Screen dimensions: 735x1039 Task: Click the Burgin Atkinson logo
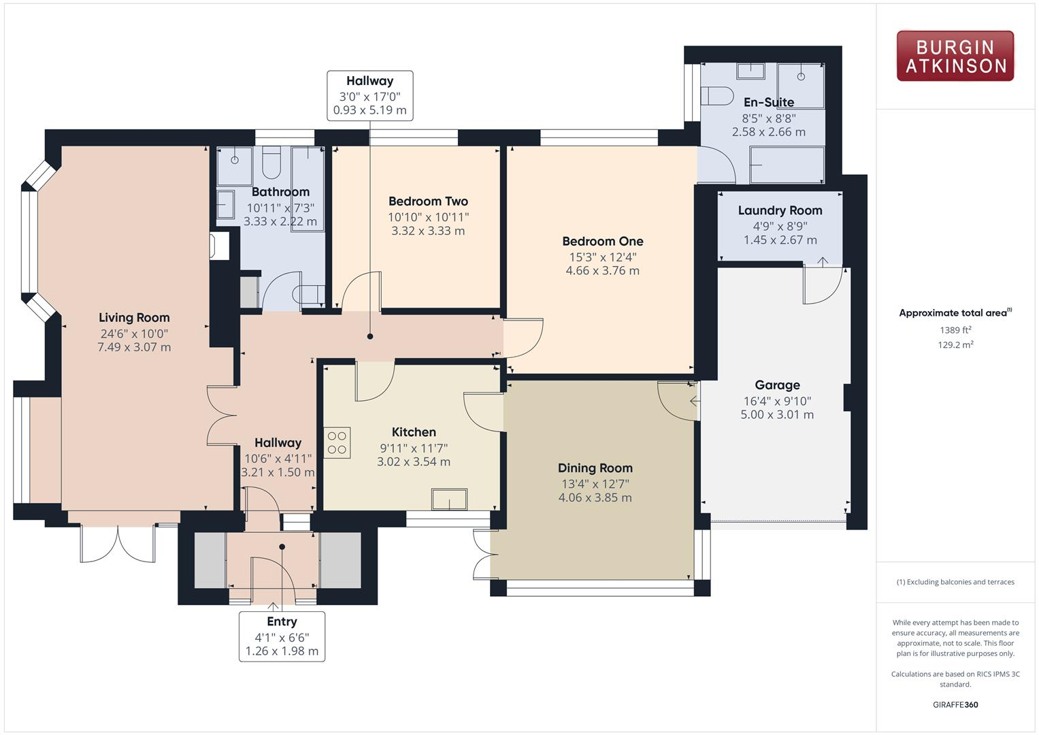[x=955, y=56]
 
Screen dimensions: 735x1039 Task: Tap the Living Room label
[x=134, y=317]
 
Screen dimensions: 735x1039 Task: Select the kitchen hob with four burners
[x=337, y=442]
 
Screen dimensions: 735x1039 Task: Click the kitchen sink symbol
[x=449, y=499]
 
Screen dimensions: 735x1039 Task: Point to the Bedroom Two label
[x=428, y=201]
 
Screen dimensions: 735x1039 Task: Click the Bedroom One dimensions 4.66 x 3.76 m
[x=602, y=271]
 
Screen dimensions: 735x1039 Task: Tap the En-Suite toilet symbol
[x=716, y=96]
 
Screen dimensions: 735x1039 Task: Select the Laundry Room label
[x=780, y=210]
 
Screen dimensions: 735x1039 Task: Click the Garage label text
[x=777, y=385]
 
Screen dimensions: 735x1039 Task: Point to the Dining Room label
[x=595, y=468]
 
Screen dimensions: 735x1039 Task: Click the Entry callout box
[x=282, y=636]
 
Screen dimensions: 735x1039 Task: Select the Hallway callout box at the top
[x=369, y=96]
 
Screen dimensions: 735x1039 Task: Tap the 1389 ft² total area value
[x=955, y=330]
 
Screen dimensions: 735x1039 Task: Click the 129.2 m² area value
[x=955, y=345]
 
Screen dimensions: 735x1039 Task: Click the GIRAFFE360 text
[x=955, y=704]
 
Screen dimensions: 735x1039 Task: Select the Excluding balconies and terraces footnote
[x=955, y=582]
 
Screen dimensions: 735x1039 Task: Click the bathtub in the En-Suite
[x=787, y=165]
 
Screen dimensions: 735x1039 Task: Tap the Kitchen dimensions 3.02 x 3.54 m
[x=414, y=461]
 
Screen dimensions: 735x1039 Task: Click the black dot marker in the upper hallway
[x=370, y=336]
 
